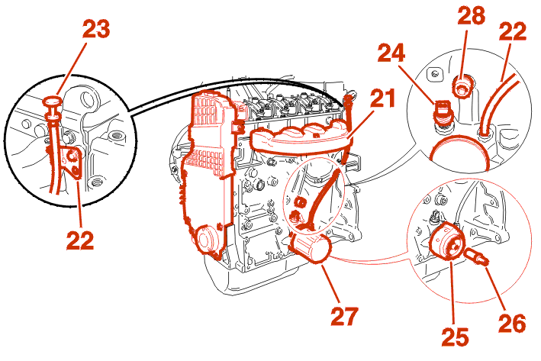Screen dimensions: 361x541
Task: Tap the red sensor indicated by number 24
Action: point(440,112)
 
